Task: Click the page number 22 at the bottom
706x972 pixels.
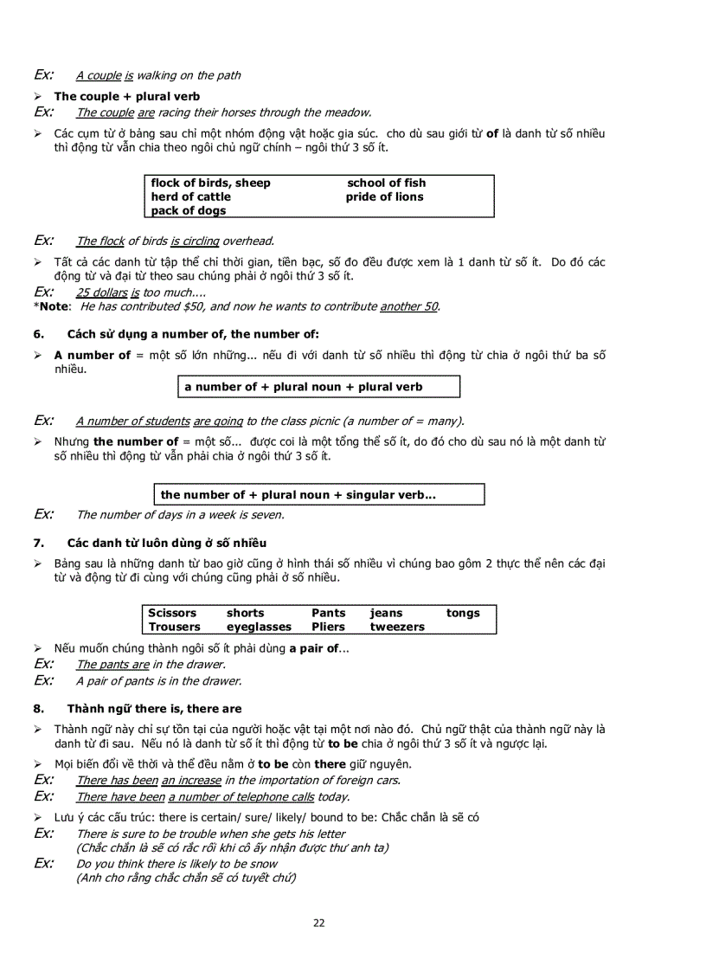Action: (x=318, y=923)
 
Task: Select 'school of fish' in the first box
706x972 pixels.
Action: (x=386, y=183)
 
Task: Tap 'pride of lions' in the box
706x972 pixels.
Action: (x=384, y=196)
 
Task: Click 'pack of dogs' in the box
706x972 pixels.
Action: (x=188, y=210)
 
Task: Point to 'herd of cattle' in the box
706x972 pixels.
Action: (x=190, y=196)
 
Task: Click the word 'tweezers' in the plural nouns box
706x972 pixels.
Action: (x=397, y=627)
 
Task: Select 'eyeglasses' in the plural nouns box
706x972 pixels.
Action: (x=259, y=627)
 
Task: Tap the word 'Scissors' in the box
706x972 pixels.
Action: (x=172, y=613)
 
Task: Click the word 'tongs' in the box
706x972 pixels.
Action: (x=463, y=613)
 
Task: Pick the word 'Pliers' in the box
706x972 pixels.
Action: (x=328, y=627)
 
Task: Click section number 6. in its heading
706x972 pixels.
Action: (x=38, y=334)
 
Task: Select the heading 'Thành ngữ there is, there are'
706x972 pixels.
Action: (x=154, y=708)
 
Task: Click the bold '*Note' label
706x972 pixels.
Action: (x=52, y=306)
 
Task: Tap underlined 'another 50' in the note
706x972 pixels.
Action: (x=408, y=306)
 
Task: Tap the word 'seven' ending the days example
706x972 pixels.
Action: (x=267, y=515)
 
